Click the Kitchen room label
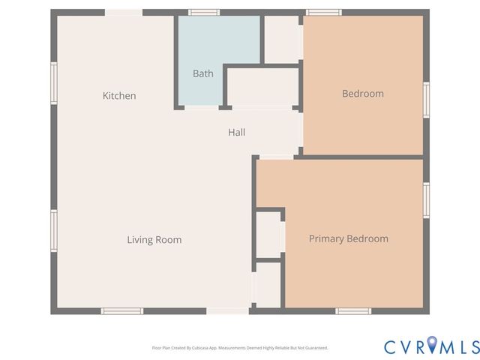[x=119, y=95]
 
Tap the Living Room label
[x=154, y=240]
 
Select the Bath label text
[x=202, y=73]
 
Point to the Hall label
[x=236, y=132]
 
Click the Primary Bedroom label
[x=349, y=238]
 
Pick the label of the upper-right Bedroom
[x=363, y=94]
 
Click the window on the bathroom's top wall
[x=204, y=13]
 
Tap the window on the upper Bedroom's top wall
[x=324, y=13]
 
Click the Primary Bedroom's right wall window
[x=426, y=200]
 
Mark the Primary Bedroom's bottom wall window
[x=353, y=310]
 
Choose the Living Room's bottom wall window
[x=122, y=310]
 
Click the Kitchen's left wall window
[x=54, y=82]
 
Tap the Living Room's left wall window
[x=54, y=230]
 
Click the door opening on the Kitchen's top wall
[x=123, y=13]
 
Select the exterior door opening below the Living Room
[x=228, y=310]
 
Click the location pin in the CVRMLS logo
[x=433, y=346]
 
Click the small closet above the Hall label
[x=263, y=88]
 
